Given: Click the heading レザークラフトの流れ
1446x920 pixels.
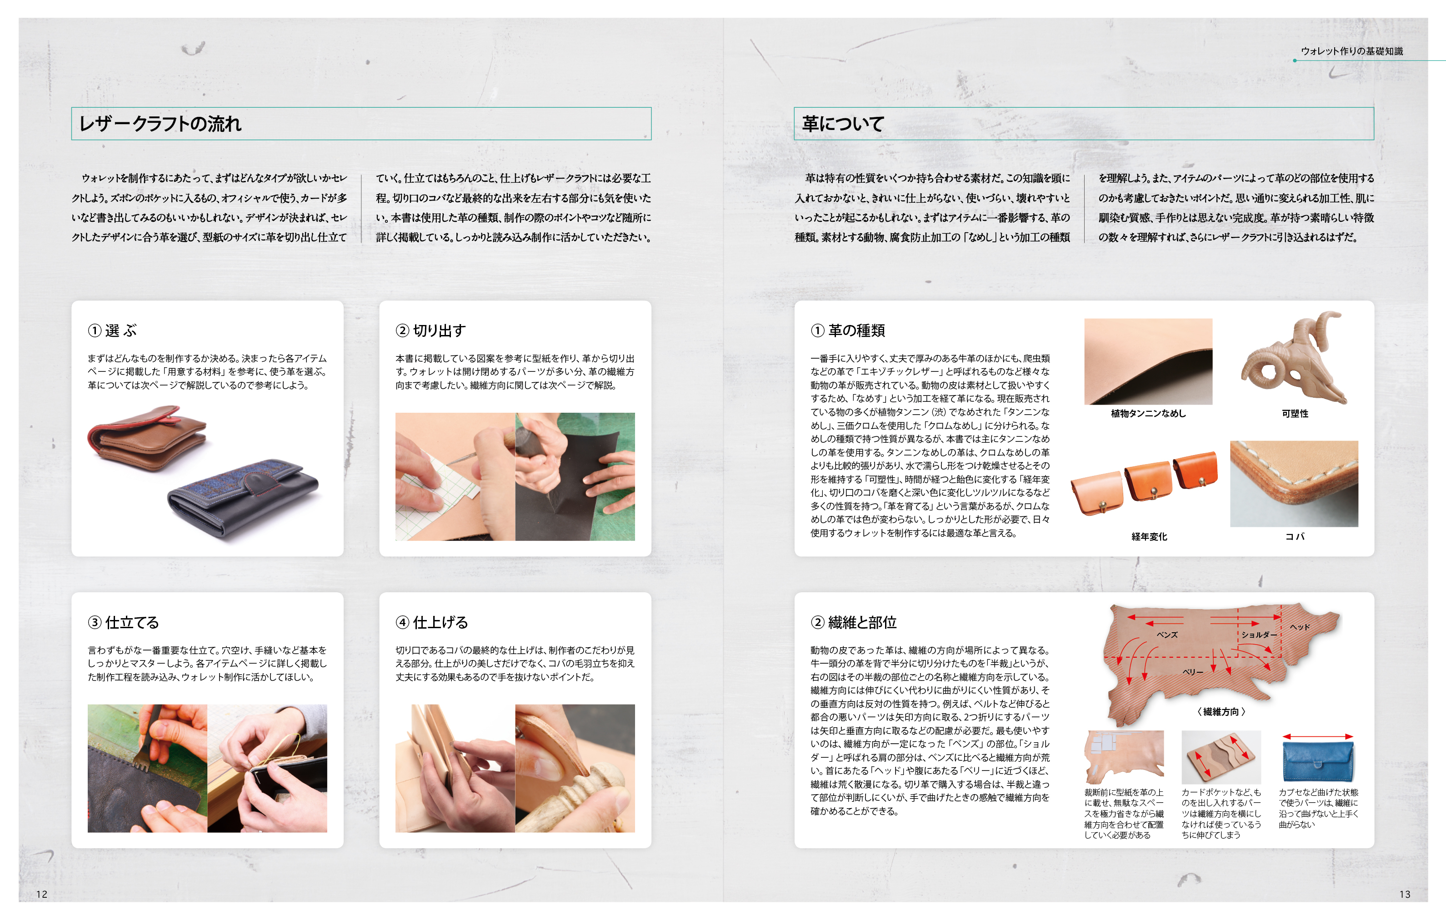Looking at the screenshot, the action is [160, 124].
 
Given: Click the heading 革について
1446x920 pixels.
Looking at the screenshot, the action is [843, 124].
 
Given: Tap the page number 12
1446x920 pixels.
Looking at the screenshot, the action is [41, 894].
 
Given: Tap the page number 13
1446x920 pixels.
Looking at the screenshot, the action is [1405, 894].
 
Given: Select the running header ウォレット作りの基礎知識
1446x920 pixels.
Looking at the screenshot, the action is [1352, 51].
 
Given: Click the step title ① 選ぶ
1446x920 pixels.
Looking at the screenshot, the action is [113, 330].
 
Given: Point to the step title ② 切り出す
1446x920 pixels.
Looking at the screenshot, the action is [430, 330].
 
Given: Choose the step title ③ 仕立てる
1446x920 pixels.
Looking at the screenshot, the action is [123, 622].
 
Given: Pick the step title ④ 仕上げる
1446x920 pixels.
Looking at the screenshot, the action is [431, 622].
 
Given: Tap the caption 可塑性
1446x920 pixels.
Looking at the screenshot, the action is [1295, 413].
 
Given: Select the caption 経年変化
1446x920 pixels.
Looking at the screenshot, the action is [1149, 536].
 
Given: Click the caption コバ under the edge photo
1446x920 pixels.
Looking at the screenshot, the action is [1295, 536].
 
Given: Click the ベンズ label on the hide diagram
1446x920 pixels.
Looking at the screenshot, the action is [1167, 634].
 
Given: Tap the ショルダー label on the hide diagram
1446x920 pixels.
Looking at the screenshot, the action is [1259, 634].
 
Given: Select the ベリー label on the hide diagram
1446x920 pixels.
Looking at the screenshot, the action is [1193, 672].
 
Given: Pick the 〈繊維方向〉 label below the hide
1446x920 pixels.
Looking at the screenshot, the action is [1221, 712].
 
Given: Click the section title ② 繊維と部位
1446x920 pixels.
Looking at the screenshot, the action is [853, 622].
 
